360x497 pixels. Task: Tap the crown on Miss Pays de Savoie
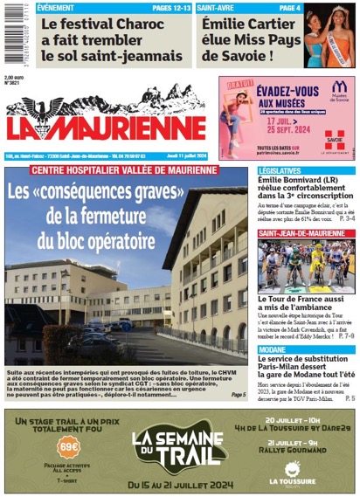coord(336,11)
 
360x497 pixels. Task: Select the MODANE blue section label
coord(277,348)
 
